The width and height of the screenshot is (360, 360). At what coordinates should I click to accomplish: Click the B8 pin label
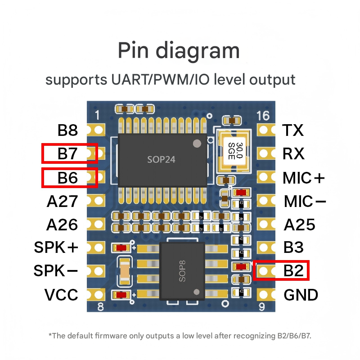tap(67, 131)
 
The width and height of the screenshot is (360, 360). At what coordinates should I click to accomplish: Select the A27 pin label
tap(62, 201)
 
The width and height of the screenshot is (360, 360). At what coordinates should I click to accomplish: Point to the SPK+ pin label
tap(56, 247)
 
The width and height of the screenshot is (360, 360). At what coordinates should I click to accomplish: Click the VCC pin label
tap(61, 295)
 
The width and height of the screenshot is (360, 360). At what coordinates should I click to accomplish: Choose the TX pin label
tap(293, 131)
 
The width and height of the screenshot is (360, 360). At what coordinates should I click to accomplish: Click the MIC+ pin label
tap(304, 178)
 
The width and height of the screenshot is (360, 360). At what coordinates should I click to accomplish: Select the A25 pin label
tap(299, 224)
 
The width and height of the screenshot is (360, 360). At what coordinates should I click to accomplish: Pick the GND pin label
tap(301, 295)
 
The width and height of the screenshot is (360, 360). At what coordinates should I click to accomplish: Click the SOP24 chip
tap(162, 159)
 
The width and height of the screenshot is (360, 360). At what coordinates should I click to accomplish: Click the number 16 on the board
tap(263, 116)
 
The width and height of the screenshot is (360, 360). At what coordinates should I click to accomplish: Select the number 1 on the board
tap(98, 115)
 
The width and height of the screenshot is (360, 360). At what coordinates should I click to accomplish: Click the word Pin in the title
tap(133, 50)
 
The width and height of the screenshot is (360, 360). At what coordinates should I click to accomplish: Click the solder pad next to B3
tap(266, 247)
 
